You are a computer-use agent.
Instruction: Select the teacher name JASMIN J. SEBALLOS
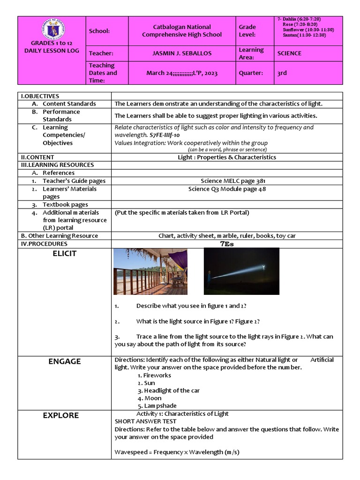click(x=182, y=53)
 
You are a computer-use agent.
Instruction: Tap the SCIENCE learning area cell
click(x=289, y=53)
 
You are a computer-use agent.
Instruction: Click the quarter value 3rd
click(x=282, y=73)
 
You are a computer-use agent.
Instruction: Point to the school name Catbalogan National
click(x=182, y=27)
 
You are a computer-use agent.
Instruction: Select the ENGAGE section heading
click(x=64, y=361)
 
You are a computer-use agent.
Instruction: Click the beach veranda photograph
click(x=150, y=271)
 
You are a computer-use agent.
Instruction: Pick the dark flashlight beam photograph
click(x=241, y=271)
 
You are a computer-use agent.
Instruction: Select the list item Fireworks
click(x=154, y=375)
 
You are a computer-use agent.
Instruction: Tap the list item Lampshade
click(x=157, y=405)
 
